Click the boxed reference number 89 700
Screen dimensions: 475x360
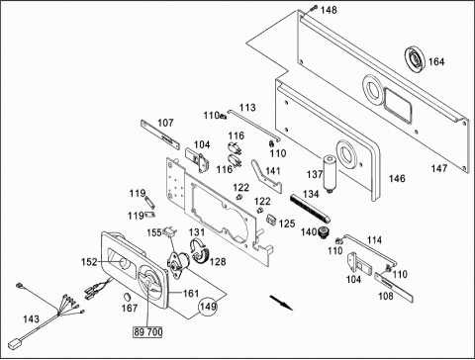tap(147, 331)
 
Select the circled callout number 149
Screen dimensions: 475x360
tap(208, 307)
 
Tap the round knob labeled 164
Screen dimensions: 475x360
tap(415, 58)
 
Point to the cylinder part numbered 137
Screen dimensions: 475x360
tap(330, 175)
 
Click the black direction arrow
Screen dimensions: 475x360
tap(281, 303)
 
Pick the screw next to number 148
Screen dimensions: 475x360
tap(313, 8)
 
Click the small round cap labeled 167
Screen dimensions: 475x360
tap(127, 296)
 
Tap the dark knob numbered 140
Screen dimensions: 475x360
tap(323, 232)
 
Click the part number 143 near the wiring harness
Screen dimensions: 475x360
tap(31, 318)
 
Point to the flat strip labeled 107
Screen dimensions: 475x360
tap(160, 135)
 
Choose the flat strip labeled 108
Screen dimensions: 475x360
tap(394, 287)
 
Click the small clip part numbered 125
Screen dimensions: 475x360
tap(271, 220)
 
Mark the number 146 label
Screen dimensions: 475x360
tap(397, 178)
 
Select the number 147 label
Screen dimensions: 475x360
tap(439, 168)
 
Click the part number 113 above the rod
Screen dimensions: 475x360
tap(247, 108)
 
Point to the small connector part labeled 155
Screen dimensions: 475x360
tap(170, 231)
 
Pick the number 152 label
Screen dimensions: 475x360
tap(89, 262)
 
